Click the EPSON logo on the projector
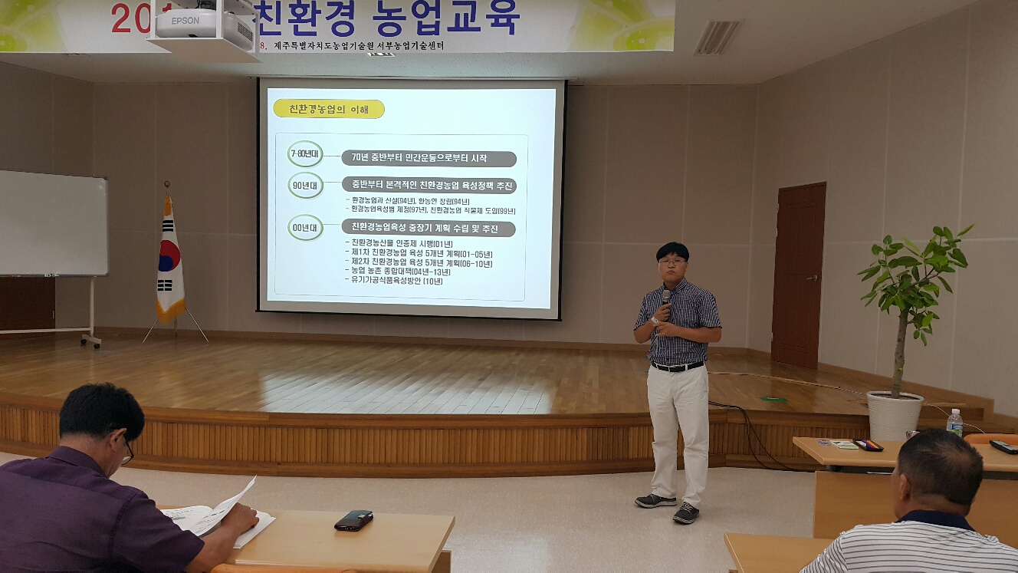[185, 21]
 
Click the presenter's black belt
[678, 367]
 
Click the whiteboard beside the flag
[52, 223]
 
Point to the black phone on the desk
[353, 520]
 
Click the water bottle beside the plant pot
[954, 423]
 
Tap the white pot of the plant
[895, 415]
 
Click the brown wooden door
[798, 274]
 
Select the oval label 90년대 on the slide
[306, 186]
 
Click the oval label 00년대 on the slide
[306, 228]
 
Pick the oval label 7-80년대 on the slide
[306, 153]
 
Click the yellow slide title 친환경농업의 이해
[328, 109]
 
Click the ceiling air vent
[717, 38]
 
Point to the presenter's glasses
[672, 262]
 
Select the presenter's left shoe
[686, 512]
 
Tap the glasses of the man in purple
[126, 451]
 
